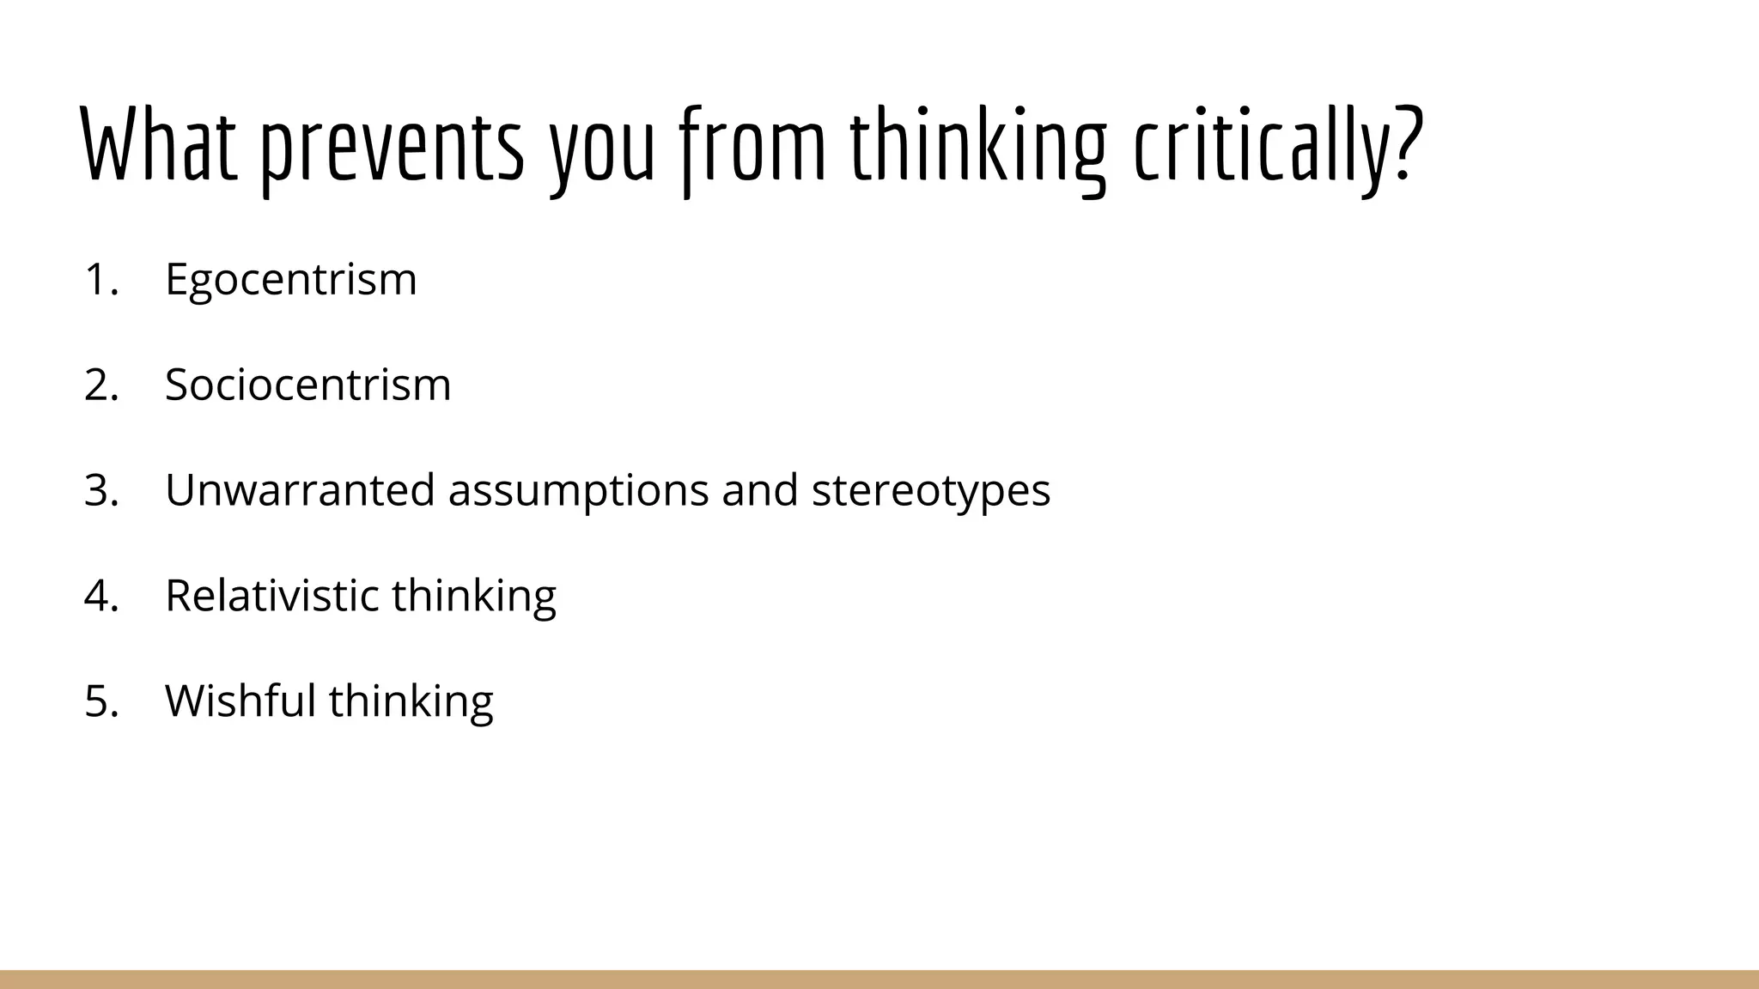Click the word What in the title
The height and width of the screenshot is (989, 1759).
point(159,144)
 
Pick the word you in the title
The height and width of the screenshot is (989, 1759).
point(602,150)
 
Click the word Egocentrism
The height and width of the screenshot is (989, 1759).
point(290,279)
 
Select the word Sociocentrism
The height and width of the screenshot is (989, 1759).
point(307,385)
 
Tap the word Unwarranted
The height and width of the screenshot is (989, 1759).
point(300,490)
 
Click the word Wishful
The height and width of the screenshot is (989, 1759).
point(240,700)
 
